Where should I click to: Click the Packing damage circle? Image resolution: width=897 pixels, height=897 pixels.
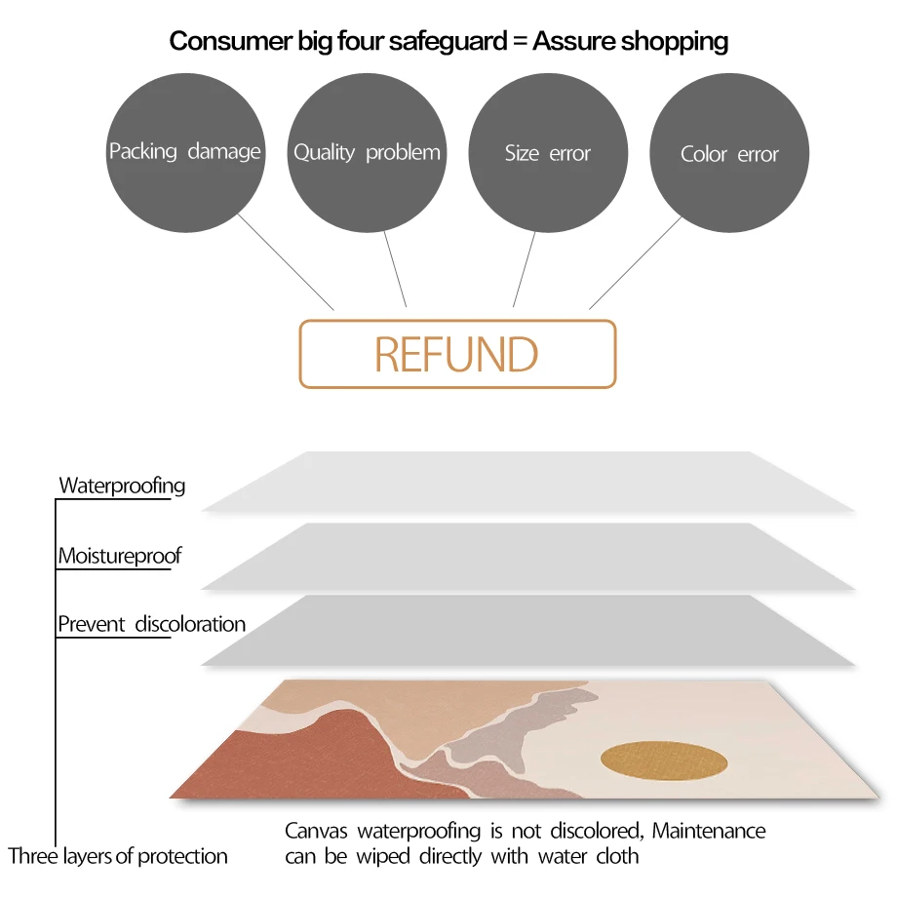[185, 152]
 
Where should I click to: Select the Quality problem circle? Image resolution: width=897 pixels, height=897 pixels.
[367, 152]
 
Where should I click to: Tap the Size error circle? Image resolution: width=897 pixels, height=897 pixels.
[548, 153]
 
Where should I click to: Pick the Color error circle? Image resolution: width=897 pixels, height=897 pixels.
[729, 154]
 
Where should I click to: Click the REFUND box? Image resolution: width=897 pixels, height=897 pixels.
[457, 354]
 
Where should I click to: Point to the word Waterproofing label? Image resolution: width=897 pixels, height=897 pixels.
[122, 485]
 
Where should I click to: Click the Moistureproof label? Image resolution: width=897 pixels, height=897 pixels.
[120, 556]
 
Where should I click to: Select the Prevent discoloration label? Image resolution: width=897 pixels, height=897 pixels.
[151, 624]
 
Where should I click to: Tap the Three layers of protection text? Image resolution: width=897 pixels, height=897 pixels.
[118, 856]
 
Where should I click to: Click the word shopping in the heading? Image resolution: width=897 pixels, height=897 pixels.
[678, 41]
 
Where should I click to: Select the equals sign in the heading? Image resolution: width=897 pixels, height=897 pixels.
[519, 41]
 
